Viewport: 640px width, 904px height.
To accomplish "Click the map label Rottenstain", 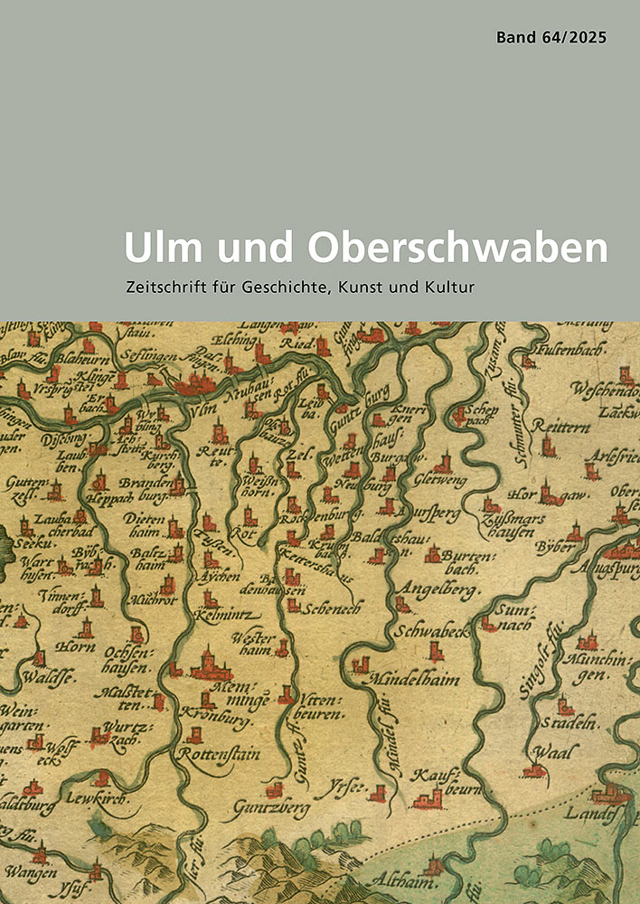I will coord(221,754).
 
